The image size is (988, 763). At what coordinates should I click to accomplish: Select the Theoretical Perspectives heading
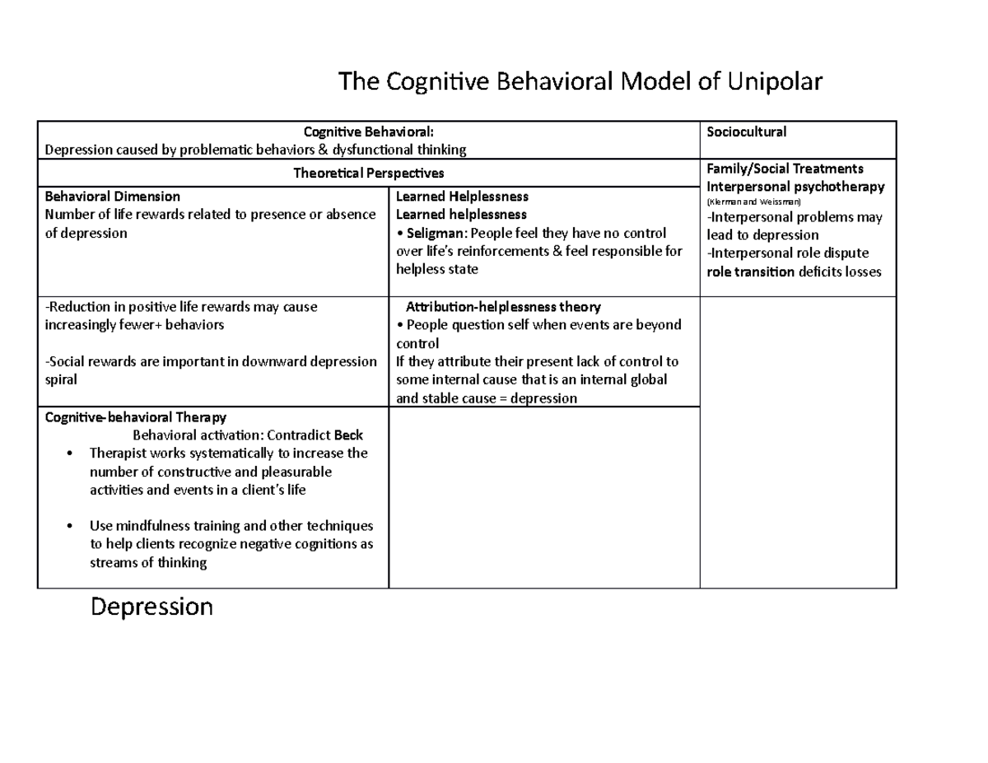coord(369,173)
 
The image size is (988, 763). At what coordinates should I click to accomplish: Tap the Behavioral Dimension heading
coord(112,197)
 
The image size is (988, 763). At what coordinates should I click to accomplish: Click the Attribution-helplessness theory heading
coord(504,307)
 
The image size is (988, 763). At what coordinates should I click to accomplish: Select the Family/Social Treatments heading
coord(785,169)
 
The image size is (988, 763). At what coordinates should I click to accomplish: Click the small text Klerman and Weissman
coord(754,202)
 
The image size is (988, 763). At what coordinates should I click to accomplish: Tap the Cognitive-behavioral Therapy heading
coord(136,417)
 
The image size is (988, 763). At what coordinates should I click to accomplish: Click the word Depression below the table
coord(151,607)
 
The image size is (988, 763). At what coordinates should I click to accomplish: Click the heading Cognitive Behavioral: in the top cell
coord(369,132)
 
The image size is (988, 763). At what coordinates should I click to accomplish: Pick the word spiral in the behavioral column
coord(61,380)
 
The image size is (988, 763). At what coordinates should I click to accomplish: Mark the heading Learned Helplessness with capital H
coord(462,197)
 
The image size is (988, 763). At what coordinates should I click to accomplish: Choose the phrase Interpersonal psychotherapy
coord(795,186)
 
